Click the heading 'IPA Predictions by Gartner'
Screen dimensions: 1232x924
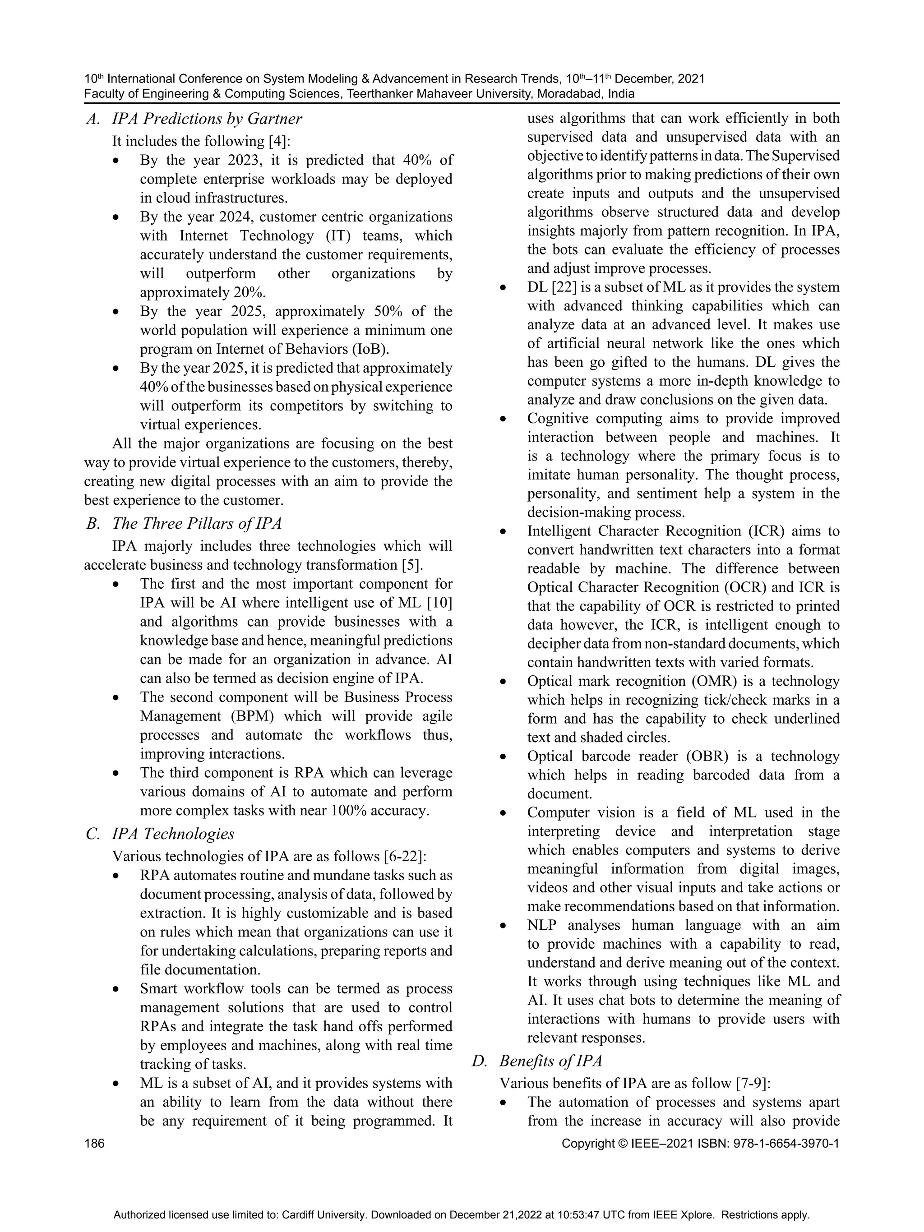pos(207,119)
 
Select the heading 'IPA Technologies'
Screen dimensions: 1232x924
pos(173,834)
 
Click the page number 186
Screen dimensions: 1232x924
pos(94,1144)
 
